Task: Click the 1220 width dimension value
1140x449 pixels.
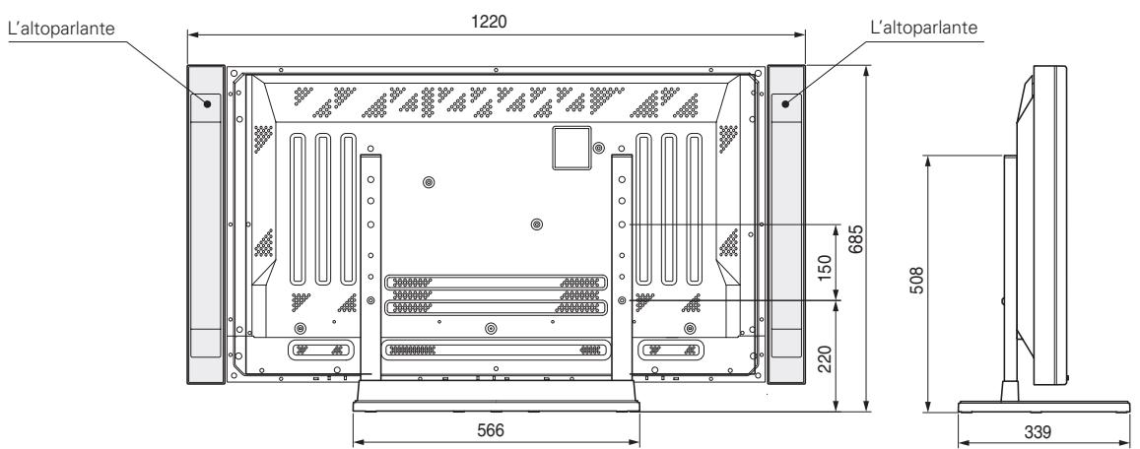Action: coord(498,22)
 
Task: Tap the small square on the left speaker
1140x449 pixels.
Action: coord(208,101)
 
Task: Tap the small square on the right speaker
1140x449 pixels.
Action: coord(786,101)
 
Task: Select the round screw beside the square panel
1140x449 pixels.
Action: coord(599,147)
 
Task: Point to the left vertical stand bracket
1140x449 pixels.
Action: coord(370,261)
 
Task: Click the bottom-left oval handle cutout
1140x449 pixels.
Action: coord(321,350)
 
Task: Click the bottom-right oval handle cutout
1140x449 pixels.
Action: coord(670,350)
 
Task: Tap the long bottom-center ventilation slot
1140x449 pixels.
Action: coord(496,350)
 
